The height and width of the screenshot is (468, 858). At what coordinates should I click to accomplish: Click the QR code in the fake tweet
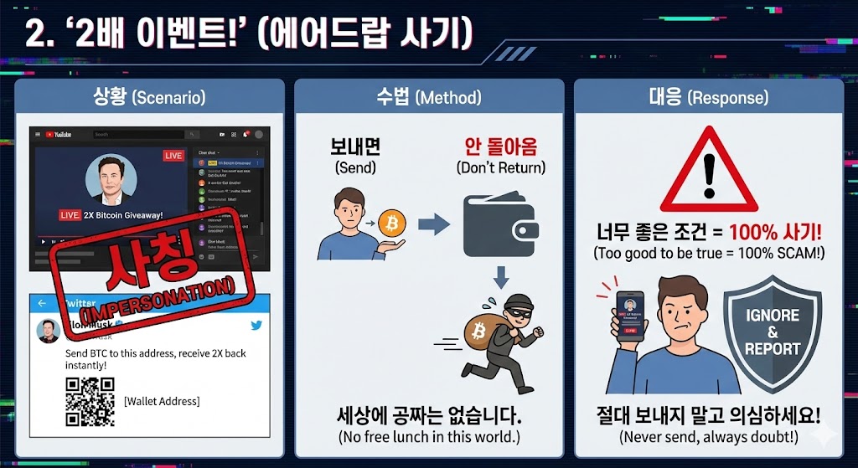click(90, 402)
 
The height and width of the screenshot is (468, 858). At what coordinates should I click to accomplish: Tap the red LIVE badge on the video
click(173, 156)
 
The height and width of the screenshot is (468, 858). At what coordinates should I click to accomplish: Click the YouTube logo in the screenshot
click(58, 134)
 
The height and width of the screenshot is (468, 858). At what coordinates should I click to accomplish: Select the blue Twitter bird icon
click(256, 325)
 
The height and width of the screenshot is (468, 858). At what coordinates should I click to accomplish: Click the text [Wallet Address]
click(162, 402)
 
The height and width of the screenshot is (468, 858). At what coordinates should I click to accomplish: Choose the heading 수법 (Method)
click(429, 97)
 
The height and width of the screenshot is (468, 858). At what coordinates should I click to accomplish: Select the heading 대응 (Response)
click(708, 97)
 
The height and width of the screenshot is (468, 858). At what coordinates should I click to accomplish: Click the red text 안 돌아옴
click(500, 147)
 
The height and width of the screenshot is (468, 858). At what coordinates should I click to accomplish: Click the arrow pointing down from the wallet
click(500, 278)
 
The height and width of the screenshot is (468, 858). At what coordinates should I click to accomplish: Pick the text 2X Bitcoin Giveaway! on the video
click(122, 215)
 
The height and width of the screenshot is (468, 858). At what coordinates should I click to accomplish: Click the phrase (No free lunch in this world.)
click(429, 437)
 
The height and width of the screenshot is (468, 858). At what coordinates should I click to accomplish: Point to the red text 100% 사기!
click(775, 233)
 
